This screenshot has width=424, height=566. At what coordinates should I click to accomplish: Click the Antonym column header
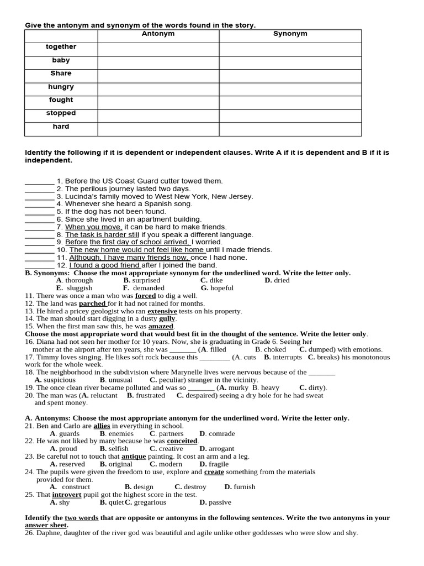(158, 34)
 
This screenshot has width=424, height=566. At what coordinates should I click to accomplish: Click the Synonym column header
(290, 34)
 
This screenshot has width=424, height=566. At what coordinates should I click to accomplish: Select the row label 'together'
(61, 47)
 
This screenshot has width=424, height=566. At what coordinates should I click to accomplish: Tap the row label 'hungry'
(61, 87)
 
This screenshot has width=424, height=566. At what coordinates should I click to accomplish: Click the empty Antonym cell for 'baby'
(158, 61)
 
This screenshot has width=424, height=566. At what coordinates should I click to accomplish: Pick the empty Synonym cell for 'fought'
(290, 100)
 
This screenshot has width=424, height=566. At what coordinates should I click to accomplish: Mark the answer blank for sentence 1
(39, 181)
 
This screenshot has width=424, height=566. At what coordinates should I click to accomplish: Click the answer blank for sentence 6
(39, 219)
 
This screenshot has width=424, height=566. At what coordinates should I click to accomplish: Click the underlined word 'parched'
(92, 303)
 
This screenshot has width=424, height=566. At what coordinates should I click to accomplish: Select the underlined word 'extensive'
(162, 311)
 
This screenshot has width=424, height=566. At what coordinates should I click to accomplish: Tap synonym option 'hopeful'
(221, 288)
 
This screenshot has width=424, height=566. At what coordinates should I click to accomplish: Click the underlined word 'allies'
(102, 426)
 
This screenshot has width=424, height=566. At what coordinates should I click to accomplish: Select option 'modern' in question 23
(170, 464)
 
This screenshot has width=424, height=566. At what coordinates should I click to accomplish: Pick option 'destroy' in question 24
(194, 487)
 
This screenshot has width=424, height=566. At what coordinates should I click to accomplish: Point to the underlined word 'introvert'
(67, 495)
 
